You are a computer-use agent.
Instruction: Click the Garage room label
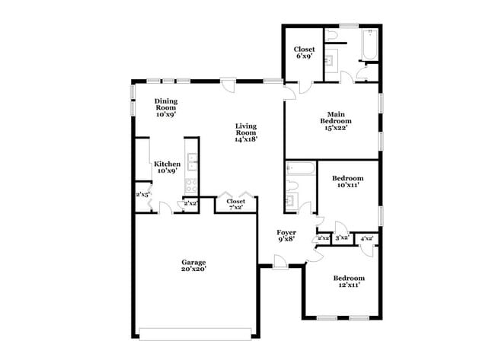pos(193,265)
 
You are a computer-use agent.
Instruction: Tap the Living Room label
pos(246,132)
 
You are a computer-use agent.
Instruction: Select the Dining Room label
pos(166,107)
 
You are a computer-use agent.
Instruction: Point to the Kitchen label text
pos(167,167)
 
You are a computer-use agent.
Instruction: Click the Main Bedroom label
pos(335,121)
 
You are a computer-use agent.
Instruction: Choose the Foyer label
pos(286,235)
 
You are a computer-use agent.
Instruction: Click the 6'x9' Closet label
pos(304,53)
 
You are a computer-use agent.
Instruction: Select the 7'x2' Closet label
pos(236,204)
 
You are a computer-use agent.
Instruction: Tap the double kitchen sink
pos(193,161)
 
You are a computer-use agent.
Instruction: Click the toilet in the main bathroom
pos(331,36)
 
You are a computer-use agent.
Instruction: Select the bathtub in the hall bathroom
pos(299,169)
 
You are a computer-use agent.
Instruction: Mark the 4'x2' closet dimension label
pos(366,238)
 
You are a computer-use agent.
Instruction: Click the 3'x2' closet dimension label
pos(342,238)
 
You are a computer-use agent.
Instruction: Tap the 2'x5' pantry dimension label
pos(142,195)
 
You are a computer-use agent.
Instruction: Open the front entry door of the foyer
pos(280,263)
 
